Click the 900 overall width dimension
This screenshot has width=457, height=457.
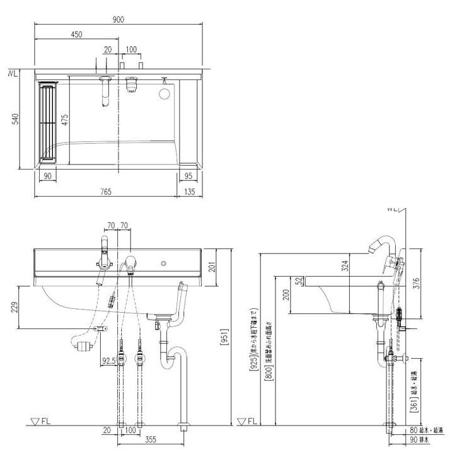click(x=118, y=20)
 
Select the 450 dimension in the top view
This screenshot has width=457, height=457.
click(x=76, y=35)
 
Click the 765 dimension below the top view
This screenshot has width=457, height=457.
click(x=105, y=192)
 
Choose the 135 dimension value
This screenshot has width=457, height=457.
click(x=190, y=192)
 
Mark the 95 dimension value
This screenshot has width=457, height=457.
click(x=188, y=176)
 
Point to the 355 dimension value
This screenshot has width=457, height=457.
click(x=150, y=439)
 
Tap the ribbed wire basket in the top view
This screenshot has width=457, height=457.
click(x=48, y=122)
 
